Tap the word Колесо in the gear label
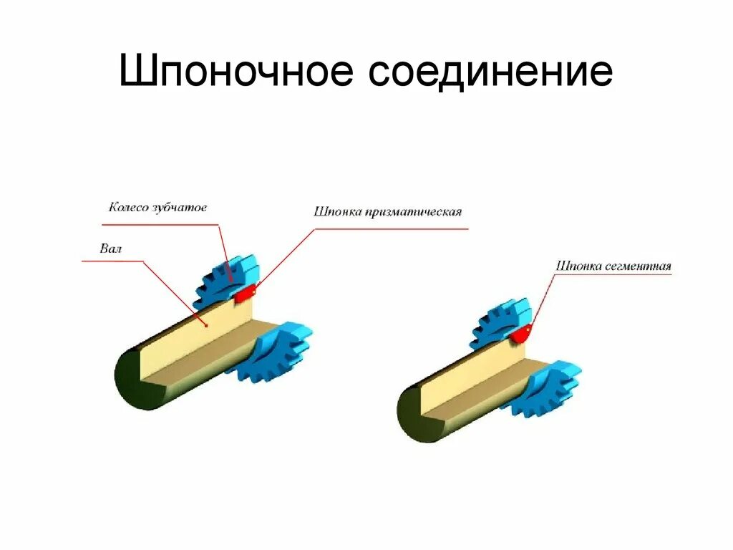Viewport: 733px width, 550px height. [129, 208]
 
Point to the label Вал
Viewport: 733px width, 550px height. [112, 249]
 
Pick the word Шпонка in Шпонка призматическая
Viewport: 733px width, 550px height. [336, 212]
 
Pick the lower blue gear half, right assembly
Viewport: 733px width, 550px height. [548, 390]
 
